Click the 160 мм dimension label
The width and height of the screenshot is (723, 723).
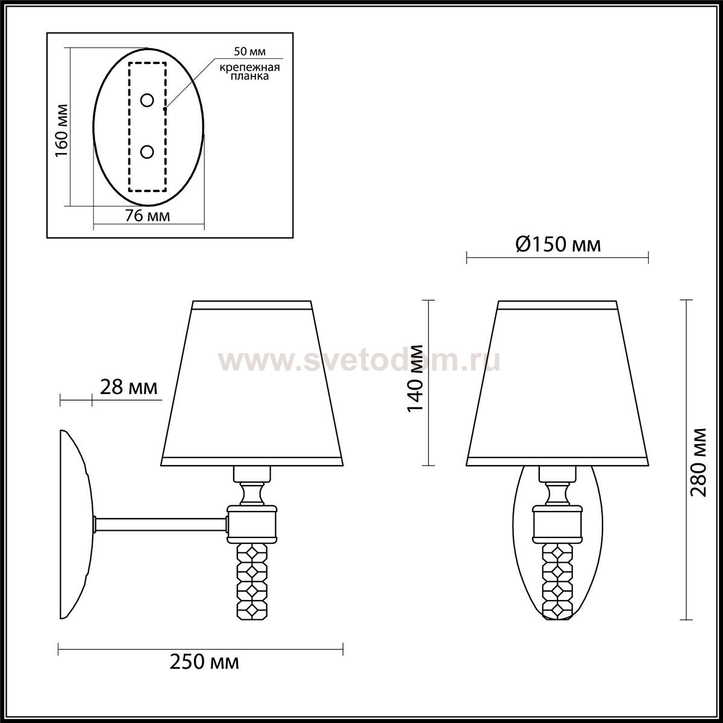click(x=61, y=131)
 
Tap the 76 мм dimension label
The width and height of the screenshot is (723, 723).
click(x=148, y=216)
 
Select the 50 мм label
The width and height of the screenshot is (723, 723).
click(x=249, y=51)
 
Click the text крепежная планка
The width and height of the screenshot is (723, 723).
click(x=249, y=72)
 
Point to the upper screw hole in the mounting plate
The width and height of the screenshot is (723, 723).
click(x=147, y=101)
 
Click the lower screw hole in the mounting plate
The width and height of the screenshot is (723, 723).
click(x=147, y=152)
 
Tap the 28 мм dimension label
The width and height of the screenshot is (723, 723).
click(x=129, y=387)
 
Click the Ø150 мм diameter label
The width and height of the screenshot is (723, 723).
click(x=558, y=245)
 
